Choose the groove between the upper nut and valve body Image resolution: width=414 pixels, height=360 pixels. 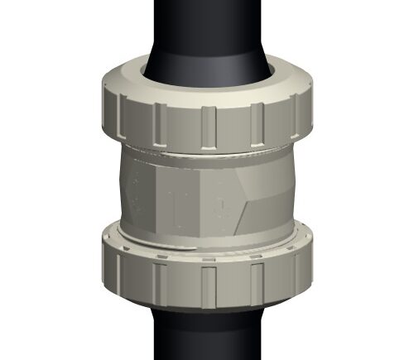tap(207, 153)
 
